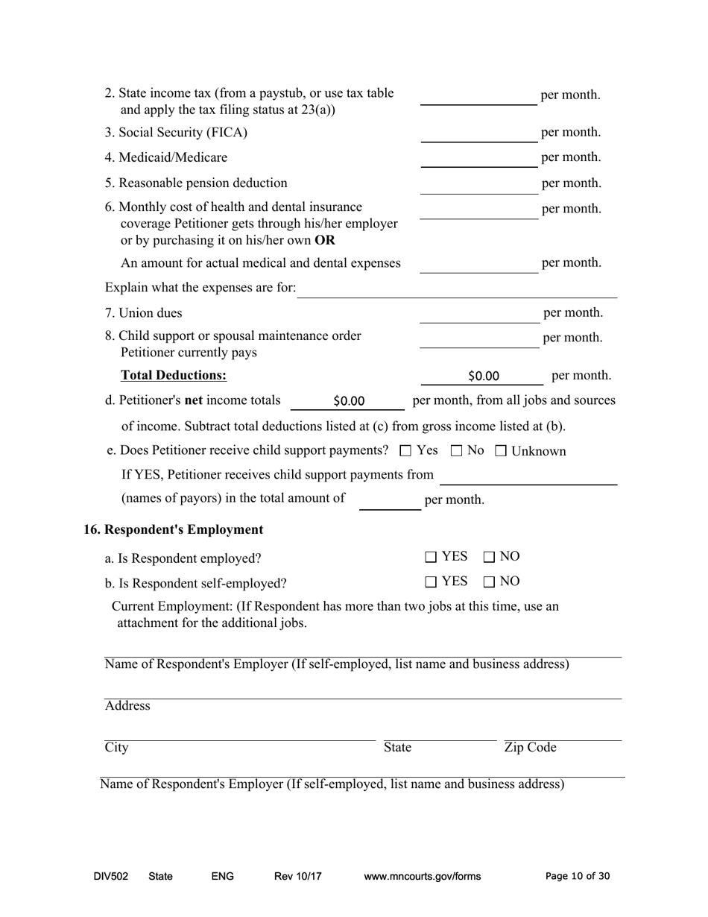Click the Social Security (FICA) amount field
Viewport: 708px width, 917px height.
478,133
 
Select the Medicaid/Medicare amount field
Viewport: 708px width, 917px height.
478,158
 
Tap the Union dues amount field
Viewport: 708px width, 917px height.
478,313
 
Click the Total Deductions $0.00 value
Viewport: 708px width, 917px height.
483,376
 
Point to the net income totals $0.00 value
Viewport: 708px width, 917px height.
348,401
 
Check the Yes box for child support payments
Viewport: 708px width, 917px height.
405,451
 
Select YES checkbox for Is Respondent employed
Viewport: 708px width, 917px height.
431,557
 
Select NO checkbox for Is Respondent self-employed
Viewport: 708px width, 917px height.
489,582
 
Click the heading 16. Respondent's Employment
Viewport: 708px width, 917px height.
173,530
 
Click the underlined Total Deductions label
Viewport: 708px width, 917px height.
174,375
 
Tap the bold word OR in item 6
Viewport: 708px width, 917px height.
325,241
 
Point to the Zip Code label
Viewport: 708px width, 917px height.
530,748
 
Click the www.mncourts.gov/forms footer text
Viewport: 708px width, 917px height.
422,877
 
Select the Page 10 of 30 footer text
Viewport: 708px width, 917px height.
578,877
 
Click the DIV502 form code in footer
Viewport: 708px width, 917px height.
111,877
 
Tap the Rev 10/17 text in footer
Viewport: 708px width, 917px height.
297,877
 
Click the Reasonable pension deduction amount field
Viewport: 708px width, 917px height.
478,184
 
